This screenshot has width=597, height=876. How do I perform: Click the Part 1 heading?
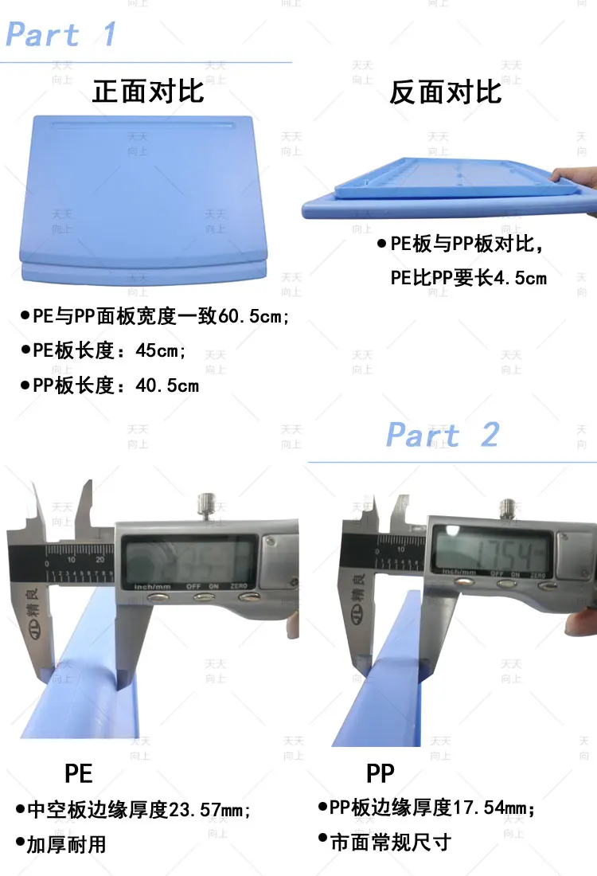[x=60, y=35]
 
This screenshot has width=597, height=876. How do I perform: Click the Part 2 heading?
[x=443, y=435]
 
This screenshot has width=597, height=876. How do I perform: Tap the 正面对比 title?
[x=148, y=92]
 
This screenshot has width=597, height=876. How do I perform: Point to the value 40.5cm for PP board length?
[x=167, y=386]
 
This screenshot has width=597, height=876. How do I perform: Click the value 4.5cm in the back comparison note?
[x=521, y=278]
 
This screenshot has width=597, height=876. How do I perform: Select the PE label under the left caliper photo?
[x=78, y=773]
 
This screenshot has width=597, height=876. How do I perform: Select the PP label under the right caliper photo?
[x=380, y=772]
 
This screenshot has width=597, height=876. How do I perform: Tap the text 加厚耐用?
[x=66, y=844]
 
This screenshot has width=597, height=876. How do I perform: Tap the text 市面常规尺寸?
[x=390, y=842]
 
